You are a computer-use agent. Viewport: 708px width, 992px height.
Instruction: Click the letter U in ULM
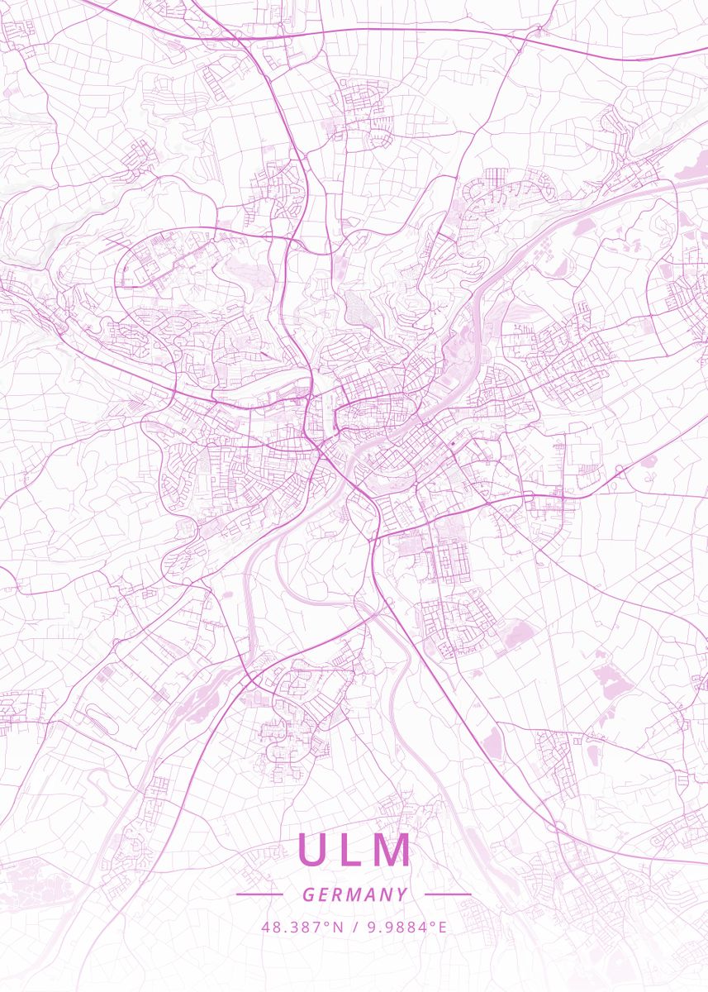coord(315,851)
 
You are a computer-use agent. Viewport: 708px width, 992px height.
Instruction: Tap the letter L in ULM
coord(352,851)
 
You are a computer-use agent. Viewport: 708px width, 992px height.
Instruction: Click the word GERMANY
coord(354,894)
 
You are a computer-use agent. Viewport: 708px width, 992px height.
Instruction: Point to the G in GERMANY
coord(307,894)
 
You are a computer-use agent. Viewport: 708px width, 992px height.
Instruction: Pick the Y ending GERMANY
coord(402,894)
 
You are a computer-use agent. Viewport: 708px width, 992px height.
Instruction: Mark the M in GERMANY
coord(354,894)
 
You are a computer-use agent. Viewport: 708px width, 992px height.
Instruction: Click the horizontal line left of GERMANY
coord(259,894)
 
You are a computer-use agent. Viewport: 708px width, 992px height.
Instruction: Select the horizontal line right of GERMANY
coord(447,894)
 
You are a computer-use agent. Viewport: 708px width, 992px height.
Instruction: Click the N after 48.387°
coord(339,928)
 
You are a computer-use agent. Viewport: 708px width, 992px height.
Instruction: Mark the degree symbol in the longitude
coord(433,923)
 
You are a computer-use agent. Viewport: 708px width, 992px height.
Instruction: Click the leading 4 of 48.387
coord(266,928)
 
